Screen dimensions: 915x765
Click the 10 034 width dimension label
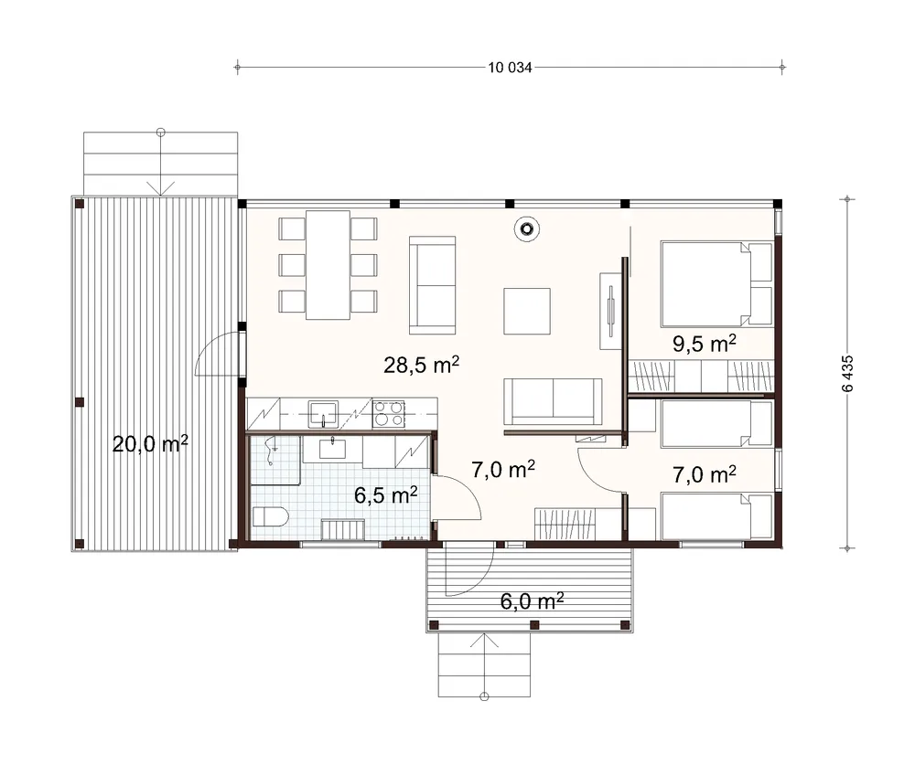(510, 68)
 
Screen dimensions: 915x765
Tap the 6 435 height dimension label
(848, 373)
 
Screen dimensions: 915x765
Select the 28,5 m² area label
(421, 365)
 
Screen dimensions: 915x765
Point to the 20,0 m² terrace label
(150, 443)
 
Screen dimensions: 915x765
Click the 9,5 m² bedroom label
(704, 344)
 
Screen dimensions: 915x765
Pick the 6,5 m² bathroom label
(386, 495)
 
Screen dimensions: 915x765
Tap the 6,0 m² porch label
(532, 601)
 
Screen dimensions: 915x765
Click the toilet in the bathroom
(270, 516)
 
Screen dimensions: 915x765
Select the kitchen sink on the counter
(323, 413)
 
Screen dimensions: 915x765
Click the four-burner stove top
(389, 413)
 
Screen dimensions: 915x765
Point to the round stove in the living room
(526, 229)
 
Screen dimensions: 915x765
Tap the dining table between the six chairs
(328, 265)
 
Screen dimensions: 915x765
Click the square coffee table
(527, 311)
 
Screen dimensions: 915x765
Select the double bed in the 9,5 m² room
(716, 284)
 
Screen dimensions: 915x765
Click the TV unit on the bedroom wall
(611, 311)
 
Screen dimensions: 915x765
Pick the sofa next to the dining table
(433, 285)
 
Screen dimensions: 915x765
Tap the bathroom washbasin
(332, 449)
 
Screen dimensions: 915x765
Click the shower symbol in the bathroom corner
(271, 451)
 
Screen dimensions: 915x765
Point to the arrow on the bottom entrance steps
(484, 665)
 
